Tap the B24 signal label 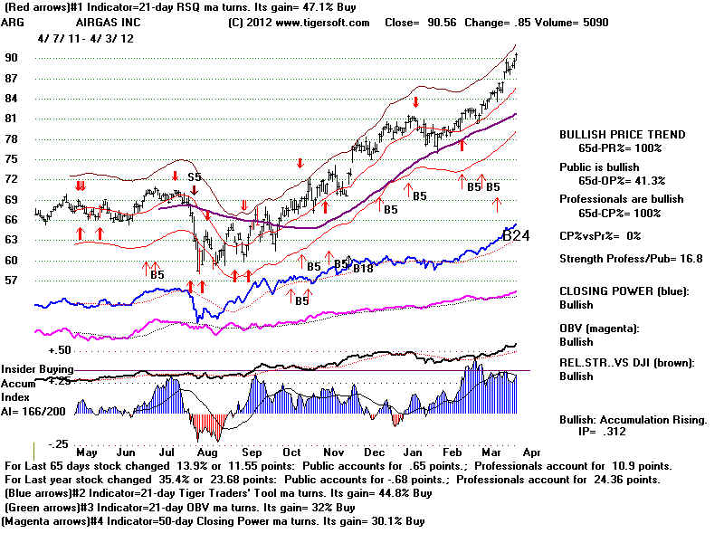(x=516, y=235)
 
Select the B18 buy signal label (x=363, y=268)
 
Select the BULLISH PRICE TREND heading (x=622, y=135)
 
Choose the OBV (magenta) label (x=605, y=326)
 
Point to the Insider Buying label (x=37, y=369)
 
